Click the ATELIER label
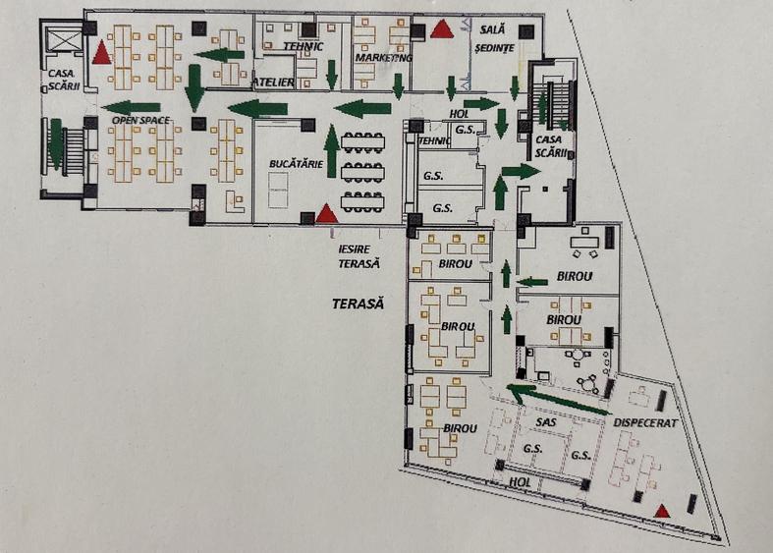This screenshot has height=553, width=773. (x=273, y=83)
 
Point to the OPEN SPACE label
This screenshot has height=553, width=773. (x=140, y=120)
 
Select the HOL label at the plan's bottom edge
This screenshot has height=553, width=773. (x=520, y=482)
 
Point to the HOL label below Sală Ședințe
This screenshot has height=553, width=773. (x=460, y=113)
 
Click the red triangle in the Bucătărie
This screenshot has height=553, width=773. (x=326, y=212)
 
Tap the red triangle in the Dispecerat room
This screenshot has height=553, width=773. (x=663, y=510)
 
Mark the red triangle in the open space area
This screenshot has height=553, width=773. (x=101, y=53)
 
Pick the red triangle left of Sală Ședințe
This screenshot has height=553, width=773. (x=442, y=28)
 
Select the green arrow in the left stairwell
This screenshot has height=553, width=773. (x=56, y=144)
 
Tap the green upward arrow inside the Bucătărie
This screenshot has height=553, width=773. (x=330, y=150)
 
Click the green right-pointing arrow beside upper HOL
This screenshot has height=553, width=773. (x=481, y=102)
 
